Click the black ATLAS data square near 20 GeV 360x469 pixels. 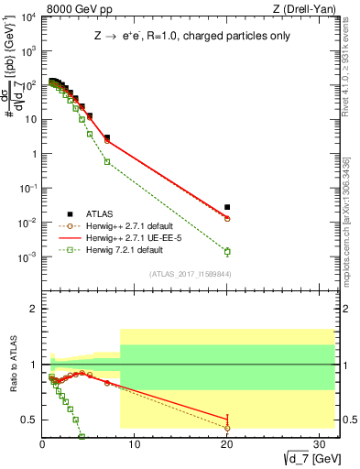click(227, 207)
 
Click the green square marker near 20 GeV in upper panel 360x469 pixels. click(227, 252)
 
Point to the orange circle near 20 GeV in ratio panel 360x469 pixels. click(227, 428)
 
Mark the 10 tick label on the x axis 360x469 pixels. click(135, 445)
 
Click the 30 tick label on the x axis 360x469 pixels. click(320, 445)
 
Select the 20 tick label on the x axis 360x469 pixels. click(227, 445)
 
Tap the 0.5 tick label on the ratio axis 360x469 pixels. click(28, 420)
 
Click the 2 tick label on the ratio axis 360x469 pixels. click(33, 309)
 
